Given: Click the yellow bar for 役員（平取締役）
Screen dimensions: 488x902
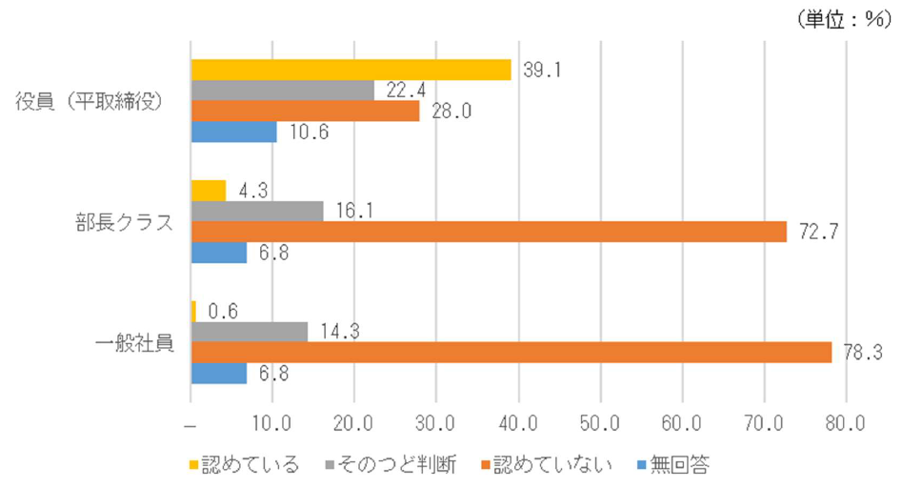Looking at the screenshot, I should click(351, 70).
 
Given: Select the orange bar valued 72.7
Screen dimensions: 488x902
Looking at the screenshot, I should click(489, 232).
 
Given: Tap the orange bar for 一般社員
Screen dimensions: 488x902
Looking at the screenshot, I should click(511, 352).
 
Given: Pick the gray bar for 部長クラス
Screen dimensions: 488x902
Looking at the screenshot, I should click(257, 211).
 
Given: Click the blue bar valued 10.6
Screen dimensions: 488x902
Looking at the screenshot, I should click(234, 132).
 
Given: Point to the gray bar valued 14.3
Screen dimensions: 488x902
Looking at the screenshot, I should click(250, 331).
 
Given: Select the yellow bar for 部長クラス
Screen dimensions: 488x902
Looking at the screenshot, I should click(209, 190).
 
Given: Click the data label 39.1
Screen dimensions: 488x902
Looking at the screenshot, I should click(536, 71).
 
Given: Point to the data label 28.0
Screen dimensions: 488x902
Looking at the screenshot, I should click(445, 112).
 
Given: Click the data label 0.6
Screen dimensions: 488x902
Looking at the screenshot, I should click(222, 311).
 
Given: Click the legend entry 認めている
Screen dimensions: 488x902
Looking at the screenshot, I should click(247, 464).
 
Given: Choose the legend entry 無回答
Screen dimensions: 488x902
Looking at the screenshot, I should click(675, 464).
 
